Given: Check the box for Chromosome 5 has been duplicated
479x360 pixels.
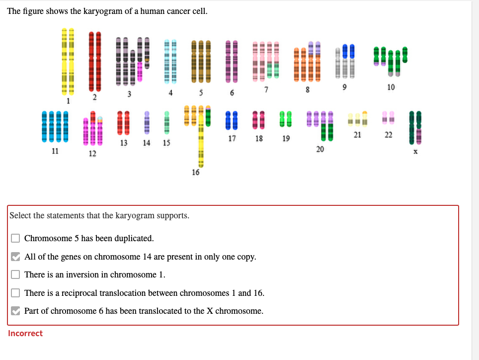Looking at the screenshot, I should [x=16, y=238].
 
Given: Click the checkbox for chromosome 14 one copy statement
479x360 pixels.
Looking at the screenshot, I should [x=16, y=257].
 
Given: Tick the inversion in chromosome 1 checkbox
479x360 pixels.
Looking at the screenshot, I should [x=16, y=274].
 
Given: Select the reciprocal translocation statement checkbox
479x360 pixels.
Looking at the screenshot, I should [x=16, y=293].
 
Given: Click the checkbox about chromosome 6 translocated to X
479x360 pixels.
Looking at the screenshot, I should [x=16, y=311].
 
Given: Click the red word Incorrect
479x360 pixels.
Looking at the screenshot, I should [x=25, y=333].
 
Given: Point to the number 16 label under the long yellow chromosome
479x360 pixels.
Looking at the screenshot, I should [x=195, y=172].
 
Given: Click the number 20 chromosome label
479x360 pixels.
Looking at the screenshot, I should [x=319, y=149].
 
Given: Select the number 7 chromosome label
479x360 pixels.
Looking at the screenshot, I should [x=266, y=90].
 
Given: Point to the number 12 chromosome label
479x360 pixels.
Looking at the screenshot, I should [x=92, y=154].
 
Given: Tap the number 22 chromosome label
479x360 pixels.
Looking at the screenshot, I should [x=388, y=135].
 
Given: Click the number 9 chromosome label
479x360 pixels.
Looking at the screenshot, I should [x=344, y=88].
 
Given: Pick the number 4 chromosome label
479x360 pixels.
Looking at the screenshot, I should [x=170, y=93].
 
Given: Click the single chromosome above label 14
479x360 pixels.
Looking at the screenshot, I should [x=147, y=123].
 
